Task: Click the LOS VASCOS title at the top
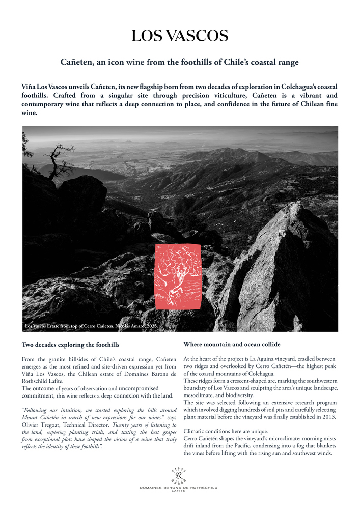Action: pos(180,36)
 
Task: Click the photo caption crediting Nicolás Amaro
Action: pos(88,326)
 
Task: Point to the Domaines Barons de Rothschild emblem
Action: pos(179,475)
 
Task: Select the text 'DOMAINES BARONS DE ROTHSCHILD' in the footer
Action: pos(179,487)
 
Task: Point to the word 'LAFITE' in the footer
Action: pos(179,491)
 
